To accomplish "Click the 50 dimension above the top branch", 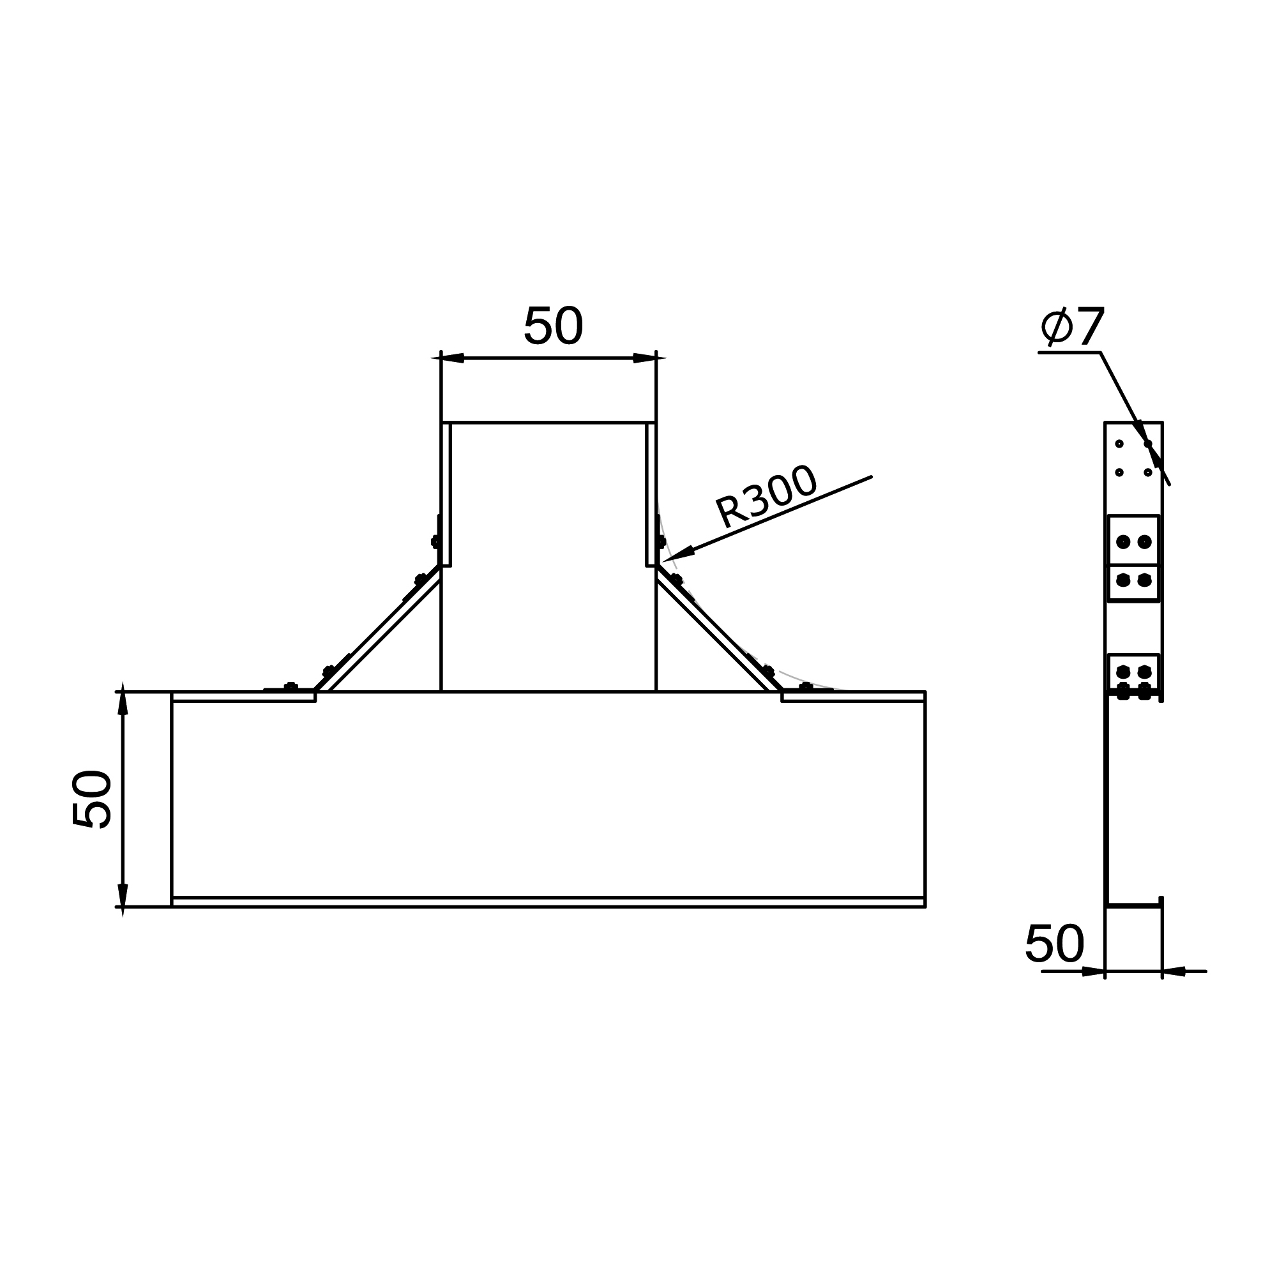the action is pyautogui.click(x=553, y=326).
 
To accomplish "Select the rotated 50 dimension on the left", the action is pyautogui.click(x=92, y=799).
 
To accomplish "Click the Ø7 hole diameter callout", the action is pyautogui.click(x=1072, y=326).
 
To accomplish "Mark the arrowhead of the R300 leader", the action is pyautogui.click(x=679, y=553).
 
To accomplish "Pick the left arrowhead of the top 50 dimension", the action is pyautogui.click(x=452, y=358).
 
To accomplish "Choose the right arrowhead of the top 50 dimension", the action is pyautogui.click(x=644, y=358).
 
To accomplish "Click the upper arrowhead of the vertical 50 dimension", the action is pyautogui.click(x=123, y=703).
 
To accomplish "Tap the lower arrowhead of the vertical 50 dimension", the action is pyautogui.click(x=123, y=895).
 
